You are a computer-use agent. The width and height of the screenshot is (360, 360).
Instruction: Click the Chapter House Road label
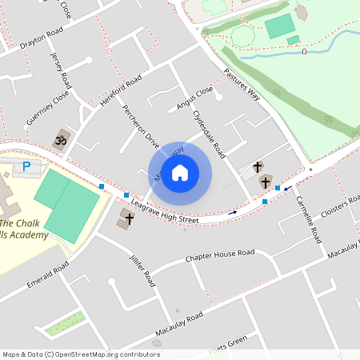(x=219, y=256)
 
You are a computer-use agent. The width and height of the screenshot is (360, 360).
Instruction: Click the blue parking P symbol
(x=26, y=166)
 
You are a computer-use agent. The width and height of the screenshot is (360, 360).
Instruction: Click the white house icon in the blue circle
(x=180, y=173)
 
